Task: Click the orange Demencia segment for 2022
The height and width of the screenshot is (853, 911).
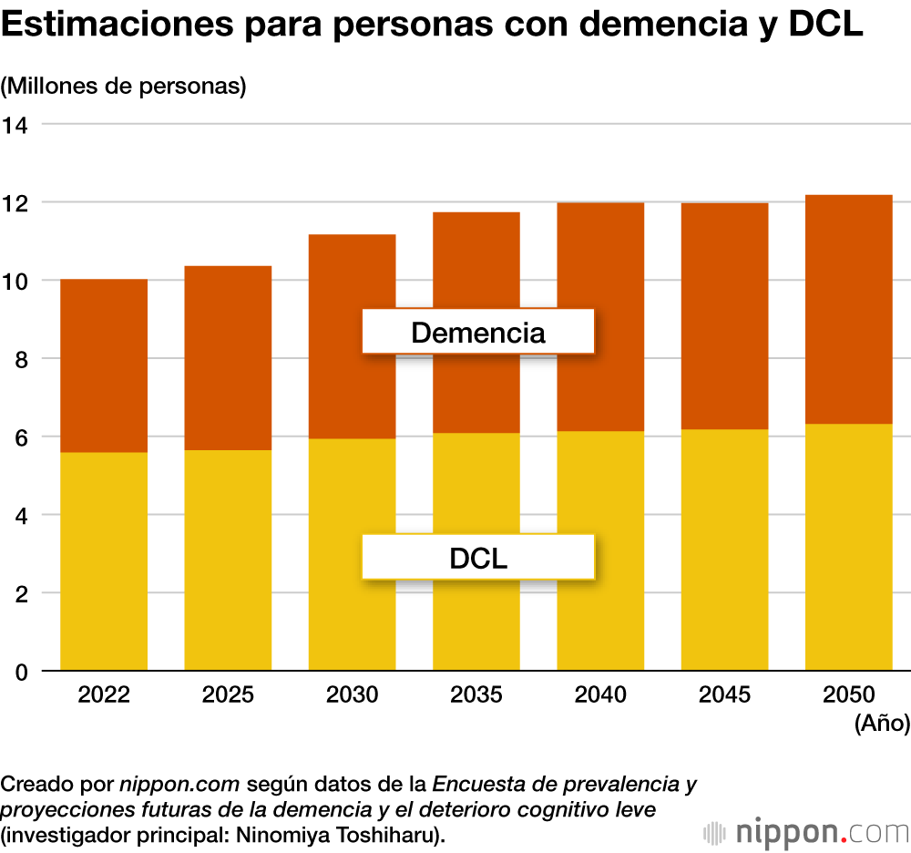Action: point(104,365)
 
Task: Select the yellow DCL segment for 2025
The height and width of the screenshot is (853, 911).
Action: point(228,560)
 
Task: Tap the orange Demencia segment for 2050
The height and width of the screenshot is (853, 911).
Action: point(848,309)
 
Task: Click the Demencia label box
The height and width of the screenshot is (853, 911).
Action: point(478,332)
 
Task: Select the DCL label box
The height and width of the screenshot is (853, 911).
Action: point(478,557)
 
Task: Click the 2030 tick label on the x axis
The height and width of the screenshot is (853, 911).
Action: point(352,695)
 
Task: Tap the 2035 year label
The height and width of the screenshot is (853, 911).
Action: point(476,695)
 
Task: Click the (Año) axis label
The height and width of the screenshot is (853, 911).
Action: point(882,725)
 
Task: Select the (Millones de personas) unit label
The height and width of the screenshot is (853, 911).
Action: point(125,87)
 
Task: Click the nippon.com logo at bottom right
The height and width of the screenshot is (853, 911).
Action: point(807,832)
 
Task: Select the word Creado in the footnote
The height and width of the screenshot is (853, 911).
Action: point(31,784)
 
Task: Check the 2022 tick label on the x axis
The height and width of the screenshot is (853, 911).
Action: point(104,695)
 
